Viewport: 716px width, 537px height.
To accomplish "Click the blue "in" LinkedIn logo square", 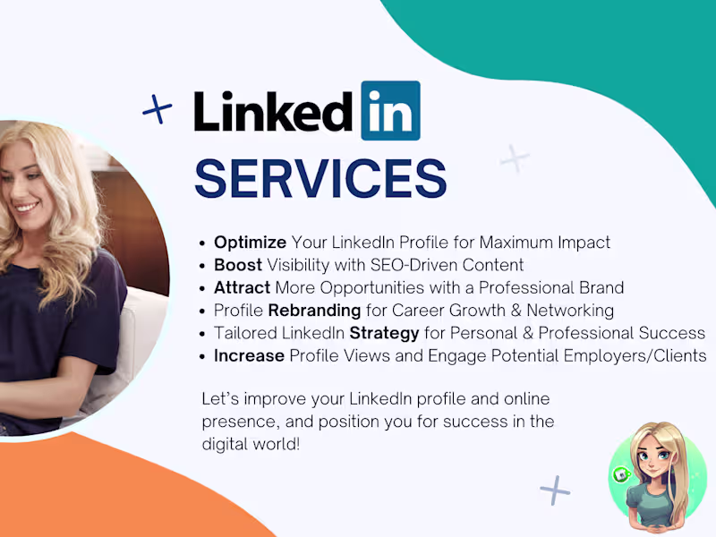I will pos(390,110).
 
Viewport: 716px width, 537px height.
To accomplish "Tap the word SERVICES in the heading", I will pos(320,177).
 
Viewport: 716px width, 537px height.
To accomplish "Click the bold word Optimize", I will pos(250,243).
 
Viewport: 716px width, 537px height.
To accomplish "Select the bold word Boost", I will pos(237,265).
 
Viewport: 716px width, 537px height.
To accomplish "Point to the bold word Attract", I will pos(242,288).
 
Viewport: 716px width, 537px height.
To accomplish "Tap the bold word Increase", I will pos(248,355).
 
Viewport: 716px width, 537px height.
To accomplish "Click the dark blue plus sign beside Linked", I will pos(158,109).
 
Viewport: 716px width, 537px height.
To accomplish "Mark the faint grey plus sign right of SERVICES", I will pos(515,158).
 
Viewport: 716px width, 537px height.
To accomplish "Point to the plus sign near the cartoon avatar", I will pos(555,490).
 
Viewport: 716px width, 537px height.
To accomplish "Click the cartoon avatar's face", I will pos(660,457).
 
